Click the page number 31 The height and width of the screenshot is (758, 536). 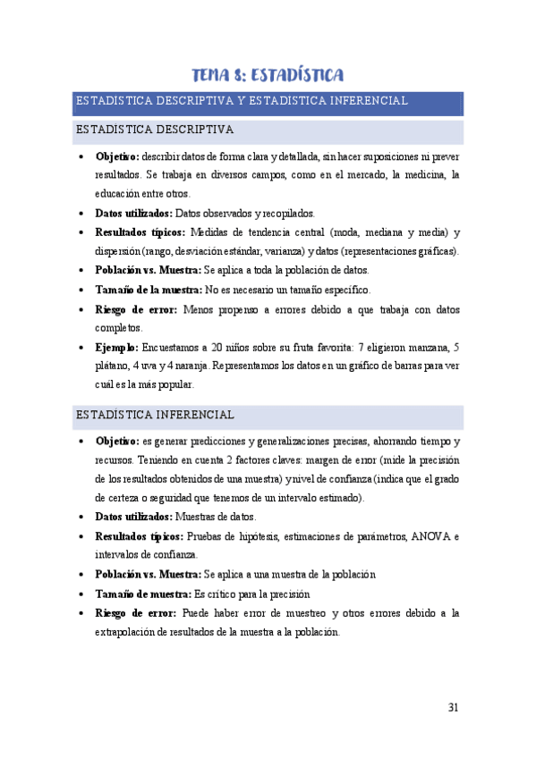(453, 708)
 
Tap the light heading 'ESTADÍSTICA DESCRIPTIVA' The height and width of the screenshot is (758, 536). (155, 131)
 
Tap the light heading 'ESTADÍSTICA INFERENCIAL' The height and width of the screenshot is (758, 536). (156, 416)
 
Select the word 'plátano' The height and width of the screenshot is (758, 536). (111, 366)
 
